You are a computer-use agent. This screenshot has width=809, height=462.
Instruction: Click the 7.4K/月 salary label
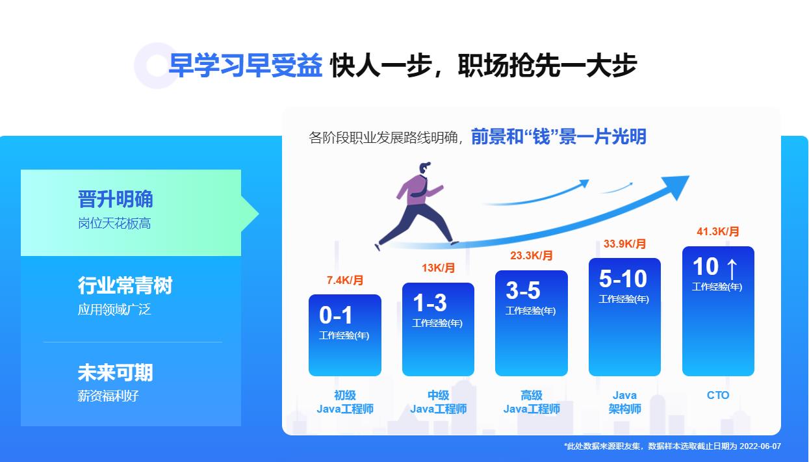pos(345,281)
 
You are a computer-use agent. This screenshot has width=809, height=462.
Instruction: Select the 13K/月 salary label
pos(439,268)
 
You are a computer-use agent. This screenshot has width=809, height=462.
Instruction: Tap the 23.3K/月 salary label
pos(532,256)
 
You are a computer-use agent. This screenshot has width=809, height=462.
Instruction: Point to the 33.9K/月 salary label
pos(625,244)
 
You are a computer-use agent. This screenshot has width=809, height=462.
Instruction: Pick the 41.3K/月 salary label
pos(718,232)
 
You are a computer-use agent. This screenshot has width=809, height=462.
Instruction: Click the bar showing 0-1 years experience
pos(345,335)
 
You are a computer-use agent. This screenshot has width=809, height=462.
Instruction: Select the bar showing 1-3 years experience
pos(438,329)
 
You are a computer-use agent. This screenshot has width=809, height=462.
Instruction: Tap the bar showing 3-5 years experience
pos(532,324)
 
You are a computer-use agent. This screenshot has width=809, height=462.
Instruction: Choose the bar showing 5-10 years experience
pos(624,317)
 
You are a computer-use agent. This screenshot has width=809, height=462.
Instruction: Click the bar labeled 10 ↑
pos(718,311)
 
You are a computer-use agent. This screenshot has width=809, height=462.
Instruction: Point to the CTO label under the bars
pos(718,395)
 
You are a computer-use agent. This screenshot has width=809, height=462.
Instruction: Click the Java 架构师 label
pos(625,402)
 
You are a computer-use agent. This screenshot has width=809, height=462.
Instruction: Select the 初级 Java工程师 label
pos(345,402)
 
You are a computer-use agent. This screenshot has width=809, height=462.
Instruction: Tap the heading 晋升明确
pos(116,199)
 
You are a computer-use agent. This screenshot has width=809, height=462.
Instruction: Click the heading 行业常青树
pos(125,285)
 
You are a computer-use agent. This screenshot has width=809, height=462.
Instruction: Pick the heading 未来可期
pos(116,372)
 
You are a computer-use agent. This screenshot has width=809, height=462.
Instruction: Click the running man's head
pos(424,168)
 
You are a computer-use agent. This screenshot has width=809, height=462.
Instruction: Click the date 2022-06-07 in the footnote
pos(760,446)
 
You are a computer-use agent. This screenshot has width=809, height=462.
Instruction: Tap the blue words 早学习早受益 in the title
pos(245,66)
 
